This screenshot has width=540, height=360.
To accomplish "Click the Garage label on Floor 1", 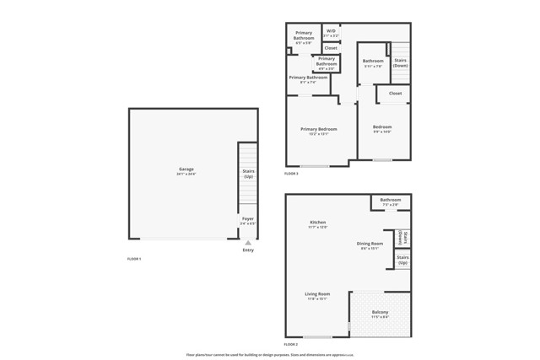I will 186,170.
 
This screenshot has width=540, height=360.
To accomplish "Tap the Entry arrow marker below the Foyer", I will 248,244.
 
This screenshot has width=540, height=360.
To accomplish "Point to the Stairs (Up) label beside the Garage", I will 249,174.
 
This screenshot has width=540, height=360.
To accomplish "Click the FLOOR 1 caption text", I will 134,259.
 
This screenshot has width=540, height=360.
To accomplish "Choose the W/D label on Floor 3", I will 331,33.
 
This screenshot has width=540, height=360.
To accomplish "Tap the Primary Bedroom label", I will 319,131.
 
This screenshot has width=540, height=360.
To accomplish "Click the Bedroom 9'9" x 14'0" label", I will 383,129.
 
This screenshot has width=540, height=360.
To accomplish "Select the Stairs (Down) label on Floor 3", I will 401,62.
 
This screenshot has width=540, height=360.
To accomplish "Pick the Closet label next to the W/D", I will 331,48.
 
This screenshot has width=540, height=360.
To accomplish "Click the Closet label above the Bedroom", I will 395,93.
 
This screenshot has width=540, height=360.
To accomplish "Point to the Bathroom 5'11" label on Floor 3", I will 373,62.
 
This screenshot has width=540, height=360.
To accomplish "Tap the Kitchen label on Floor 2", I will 317,224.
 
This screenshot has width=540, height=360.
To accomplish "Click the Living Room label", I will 317,296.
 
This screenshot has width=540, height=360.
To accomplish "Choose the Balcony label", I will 380,314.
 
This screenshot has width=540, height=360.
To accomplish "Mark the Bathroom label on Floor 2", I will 391,201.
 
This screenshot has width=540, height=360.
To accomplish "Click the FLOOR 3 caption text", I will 291,174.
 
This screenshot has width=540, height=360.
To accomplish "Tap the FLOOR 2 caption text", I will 291,345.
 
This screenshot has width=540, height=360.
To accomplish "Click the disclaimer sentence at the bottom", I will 270,355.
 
